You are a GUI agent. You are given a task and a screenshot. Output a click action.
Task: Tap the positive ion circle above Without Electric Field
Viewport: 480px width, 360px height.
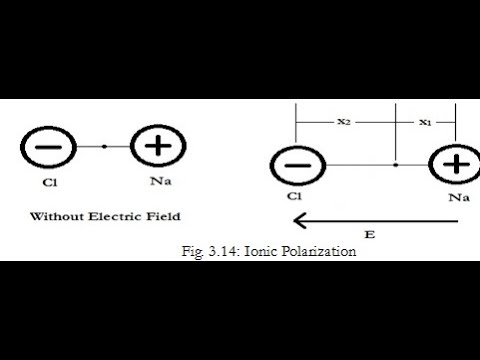pos(157,147)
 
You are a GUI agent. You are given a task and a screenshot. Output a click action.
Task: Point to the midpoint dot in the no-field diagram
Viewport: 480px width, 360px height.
pos(104,147)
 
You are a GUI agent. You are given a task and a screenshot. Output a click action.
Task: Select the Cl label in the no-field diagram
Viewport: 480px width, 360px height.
pos(49,183)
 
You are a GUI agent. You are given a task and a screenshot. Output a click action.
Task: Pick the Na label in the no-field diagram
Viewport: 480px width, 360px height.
pos(158,183)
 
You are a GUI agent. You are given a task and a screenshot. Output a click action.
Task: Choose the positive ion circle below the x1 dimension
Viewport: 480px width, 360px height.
pos(455,164)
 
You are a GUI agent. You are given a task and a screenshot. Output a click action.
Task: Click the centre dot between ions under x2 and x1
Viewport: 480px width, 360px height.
pos(397,164)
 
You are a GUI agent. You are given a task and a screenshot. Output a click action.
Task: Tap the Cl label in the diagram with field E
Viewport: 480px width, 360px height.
pos(295,198)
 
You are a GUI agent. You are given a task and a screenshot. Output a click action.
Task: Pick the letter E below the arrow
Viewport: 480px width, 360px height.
pos(370,234)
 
